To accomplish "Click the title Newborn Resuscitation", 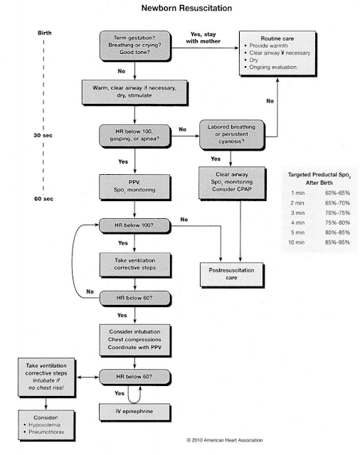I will [x=179, y=9].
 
